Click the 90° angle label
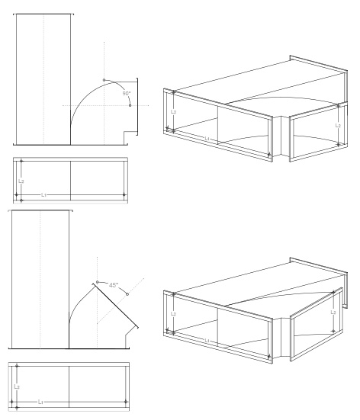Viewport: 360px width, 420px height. coord(127,94)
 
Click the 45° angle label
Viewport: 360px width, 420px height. coord(113,285)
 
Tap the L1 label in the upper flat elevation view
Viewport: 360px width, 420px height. coord(43,195)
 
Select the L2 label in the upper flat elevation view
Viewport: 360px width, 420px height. coord(21,181)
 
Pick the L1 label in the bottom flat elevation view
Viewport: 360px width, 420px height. coord(40,402)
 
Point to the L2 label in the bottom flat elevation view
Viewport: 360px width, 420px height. coord(17,386)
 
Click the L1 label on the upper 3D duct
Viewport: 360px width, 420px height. coord(207,139)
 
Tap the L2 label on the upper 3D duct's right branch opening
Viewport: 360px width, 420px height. coord(338,125)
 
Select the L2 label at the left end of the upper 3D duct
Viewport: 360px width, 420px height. coord(173,112)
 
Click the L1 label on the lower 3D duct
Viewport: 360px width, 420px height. coord(207,341)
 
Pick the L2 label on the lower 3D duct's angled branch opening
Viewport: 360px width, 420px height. coord(333,312)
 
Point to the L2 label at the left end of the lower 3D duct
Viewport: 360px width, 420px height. coord(173,313)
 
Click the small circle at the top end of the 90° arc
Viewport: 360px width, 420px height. coord(104,80)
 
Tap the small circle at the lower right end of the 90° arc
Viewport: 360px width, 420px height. coord(130,105)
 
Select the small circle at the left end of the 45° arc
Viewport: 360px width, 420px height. coord(98,282)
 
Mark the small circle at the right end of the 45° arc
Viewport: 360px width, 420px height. coord(127,294)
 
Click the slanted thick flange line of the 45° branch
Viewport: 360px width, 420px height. coord(115,306)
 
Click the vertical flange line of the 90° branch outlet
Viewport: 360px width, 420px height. coord(137,107)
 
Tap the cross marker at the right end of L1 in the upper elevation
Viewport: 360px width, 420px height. coord(124,195)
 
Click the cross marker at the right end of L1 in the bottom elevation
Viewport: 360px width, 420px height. coord(126,402)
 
